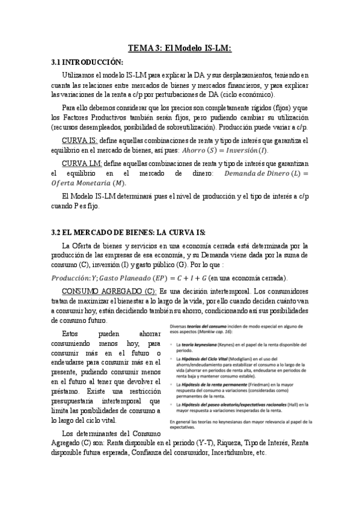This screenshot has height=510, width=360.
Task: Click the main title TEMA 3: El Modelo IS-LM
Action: coord(180,48)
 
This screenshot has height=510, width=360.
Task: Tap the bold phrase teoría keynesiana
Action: coord(201,343)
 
